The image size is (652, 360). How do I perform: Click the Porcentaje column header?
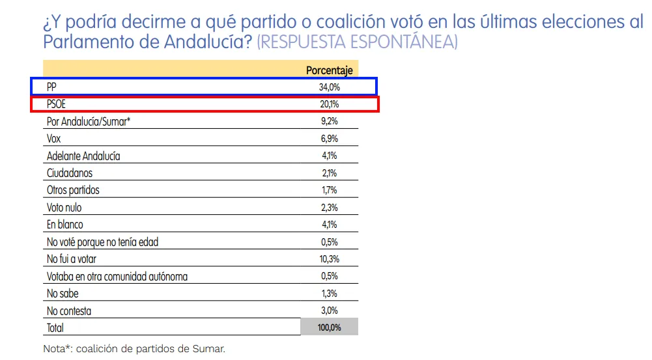[x=329, y=70]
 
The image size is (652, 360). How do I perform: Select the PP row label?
[x=51, y=87]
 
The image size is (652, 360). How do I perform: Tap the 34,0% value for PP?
[x=329, y=87]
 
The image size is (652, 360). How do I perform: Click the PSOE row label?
[x=56, y=104]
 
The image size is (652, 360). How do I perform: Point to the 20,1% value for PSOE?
[x=329, y=104]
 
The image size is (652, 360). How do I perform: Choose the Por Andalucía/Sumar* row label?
[x=89, y=121]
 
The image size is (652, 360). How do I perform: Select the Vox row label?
[x=54, y=139]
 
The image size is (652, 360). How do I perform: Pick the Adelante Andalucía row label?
[x=83, y=156]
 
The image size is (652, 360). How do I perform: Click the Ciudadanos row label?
[x=70, y=173]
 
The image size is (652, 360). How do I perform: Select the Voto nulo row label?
[x=64, y=208]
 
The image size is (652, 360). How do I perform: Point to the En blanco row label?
[x=65, y=225]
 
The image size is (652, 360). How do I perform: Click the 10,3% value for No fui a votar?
[x=329, y=259]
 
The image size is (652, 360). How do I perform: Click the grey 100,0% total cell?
[x=329, y=327]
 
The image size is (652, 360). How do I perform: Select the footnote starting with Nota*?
[x=134, y=348]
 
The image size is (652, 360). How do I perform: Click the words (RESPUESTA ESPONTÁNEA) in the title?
[x=358, y=43]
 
